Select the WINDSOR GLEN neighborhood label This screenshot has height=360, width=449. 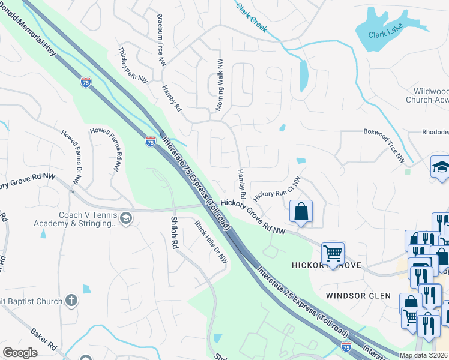point(358,296)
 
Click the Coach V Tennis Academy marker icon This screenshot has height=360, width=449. point(125,217)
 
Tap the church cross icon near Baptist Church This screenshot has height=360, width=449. point(71,300)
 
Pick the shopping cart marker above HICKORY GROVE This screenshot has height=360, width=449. point(333,253)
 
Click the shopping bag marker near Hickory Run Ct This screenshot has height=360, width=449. point(301,211)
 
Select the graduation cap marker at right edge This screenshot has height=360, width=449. point(440,167)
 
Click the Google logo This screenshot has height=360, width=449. point(20,353)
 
